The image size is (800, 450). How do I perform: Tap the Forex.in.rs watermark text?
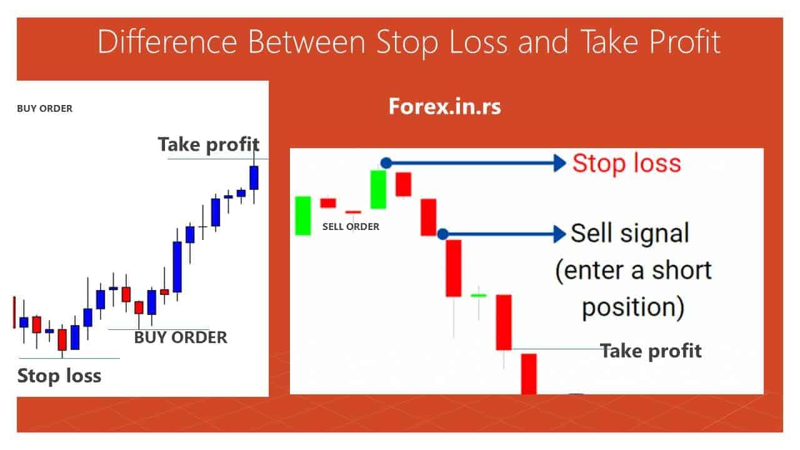tap(444, 106)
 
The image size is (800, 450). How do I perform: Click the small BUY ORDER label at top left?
tap(44, 109)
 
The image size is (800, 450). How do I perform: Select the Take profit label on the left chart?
tap(208, 144)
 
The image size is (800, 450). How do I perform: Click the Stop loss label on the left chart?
tap(59, 376)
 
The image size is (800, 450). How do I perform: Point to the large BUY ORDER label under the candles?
tap(181, 338)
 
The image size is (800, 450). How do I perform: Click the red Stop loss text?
tap(626, 163)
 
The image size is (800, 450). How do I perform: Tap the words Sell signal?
tap(629, 234)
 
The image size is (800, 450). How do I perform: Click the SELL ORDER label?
tap(351, 227)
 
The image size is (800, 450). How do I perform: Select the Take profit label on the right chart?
tap(651, 351)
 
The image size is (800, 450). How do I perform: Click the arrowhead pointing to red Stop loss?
tap(558, 163)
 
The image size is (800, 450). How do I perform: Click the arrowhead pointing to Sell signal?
tap(558, 234)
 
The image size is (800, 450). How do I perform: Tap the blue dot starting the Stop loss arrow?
tap(386, 163)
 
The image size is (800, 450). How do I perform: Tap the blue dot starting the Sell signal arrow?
tap(442, 234)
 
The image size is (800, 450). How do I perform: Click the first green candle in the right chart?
tap(303, 216)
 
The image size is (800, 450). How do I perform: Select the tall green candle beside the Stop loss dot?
tap(378, 189)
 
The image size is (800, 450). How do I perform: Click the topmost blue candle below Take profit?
tap(254, 177)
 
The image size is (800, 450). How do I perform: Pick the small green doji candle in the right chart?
tap(479, 295)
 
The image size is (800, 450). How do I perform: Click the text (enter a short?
tap(633, 271)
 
